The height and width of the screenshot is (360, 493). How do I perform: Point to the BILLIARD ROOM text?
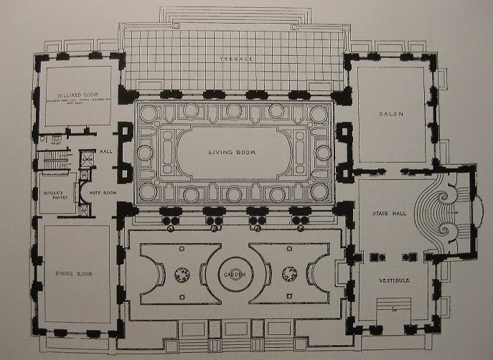pos(78,94)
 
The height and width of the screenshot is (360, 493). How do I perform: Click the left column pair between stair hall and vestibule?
pos(369,255)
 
